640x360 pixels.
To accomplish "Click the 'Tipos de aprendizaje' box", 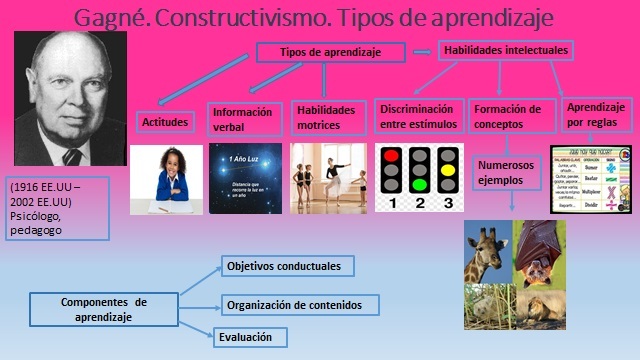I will click(331, 51).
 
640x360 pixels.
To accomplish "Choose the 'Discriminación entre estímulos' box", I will click(417, 116).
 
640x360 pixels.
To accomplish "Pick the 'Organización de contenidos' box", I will click(301, 304).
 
